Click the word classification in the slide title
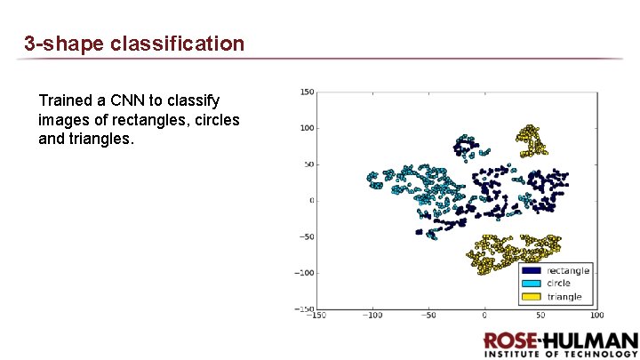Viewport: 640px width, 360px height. [178, 43]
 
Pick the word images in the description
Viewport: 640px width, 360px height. [62, 120]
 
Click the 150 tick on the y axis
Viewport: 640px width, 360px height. [308, 91]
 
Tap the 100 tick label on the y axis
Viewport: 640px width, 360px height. [308, 127]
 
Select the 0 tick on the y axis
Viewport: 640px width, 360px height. [312, 200]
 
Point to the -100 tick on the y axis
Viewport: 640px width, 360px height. [305, 273]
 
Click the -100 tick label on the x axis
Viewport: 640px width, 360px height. [372, 316]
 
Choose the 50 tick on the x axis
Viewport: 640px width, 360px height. [540, 316]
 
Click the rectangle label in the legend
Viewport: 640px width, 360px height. [567, 270]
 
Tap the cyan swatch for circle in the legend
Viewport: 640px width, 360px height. [532, 284]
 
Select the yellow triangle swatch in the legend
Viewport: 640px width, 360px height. [532, 296]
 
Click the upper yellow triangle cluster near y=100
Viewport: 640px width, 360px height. [531, 140]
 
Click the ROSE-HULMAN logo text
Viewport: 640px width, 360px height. [560, 341]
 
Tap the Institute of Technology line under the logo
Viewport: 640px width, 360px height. [560, 354]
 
